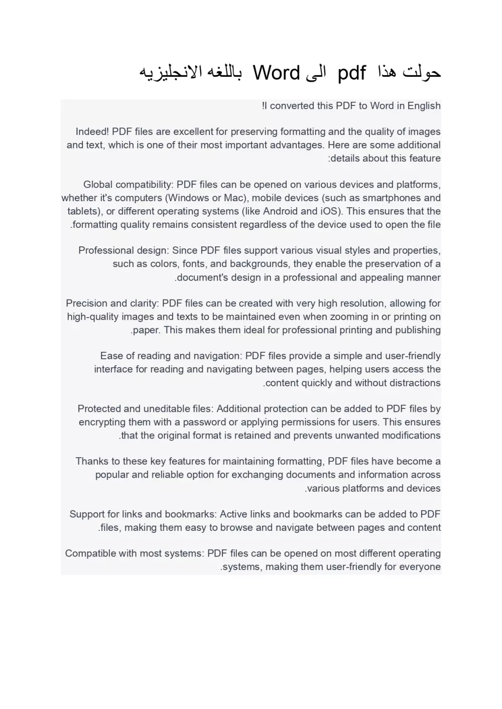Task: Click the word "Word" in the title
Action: [x=276, y=73]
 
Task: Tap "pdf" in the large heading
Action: [x=351, y=73]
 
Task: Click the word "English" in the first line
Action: [x=424, y=106]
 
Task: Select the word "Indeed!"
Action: [x=92, y=132]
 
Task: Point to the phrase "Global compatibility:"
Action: [x=128, y=185]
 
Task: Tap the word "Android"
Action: [x=280, y=211]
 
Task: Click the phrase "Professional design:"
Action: [x=123, y=250]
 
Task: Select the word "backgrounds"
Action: [x=259, y=264]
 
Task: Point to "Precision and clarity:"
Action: [x=112, y=304]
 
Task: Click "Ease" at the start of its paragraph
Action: [x=111, y=356]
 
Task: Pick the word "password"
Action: [x=204, y=422]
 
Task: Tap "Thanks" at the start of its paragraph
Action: [x=91, y=462]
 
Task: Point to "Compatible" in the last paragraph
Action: [x=89, y=553]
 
